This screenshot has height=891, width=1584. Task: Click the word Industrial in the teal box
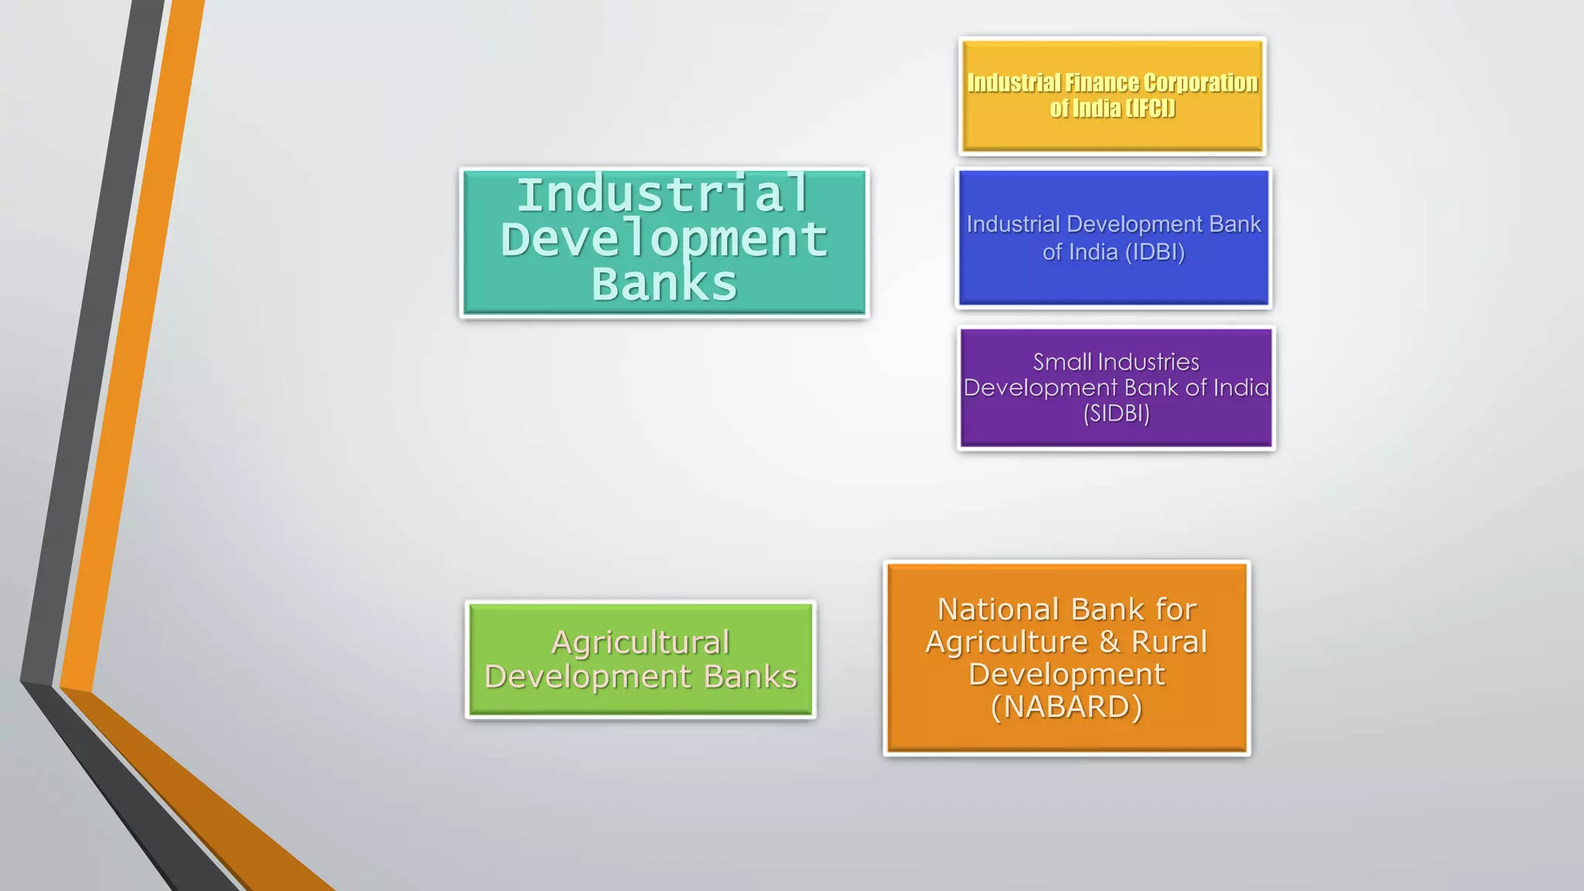click(x=663, y=194)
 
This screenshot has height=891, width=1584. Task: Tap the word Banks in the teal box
click(x=664, y=284)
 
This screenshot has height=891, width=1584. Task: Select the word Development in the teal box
click(x=664, y=239)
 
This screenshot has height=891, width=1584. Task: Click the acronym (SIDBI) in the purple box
click(x=1116, y=414)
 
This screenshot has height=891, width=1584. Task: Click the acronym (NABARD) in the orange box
click(x=1067, y=707)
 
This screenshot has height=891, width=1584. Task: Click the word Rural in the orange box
click(x=1169, y=642)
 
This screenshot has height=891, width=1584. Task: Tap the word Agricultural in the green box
click(x=640, y=643)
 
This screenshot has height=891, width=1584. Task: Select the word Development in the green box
click(x=588, y=677)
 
